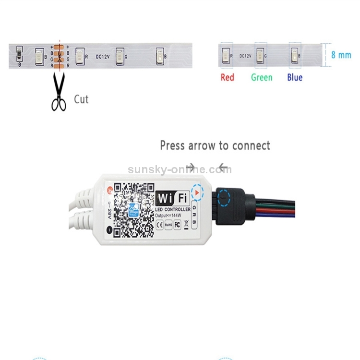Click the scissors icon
(x=59, y=92)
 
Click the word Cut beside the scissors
(x=81, y=99)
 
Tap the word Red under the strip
(x=228, y=77)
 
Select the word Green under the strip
(x=262, y=77)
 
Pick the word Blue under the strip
(x=295, y=77)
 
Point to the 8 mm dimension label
(x=341, y=55)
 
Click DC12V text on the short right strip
(x=245, y=56)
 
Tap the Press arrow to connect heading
(x=215, y=145)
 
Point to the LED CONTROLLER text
(x=173, y=210)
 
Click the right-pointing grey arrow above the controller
(x=191, y=168)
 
